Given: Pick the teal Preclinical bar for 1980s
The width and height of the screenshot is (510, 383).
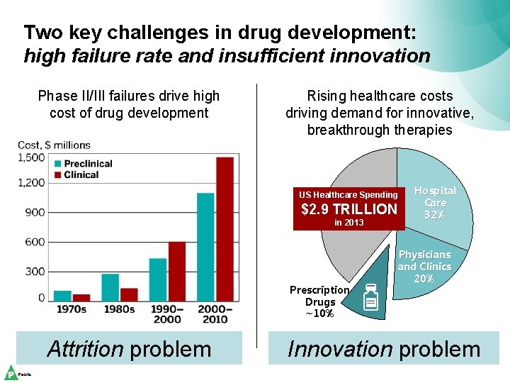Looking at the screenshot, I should point(110,287).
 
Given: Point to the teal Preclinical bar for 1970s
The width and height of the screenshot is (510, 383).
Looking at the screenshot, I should point(62,296).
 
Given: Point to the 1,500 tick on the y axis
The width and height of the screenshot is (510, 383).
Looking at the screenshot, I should point(33,157).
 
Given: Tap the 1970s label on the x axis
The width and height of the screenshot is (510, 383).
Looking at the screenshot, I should point(71,309).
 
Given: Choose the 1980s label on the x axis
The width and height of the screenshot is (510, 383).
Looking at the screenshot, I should point(119,309).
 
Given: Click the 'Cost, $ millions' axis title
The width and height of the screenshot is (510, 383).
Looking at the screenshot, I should point(55,145).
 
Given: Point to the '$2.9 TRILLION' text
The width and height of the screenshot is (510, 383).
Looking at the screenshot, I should point(349,209).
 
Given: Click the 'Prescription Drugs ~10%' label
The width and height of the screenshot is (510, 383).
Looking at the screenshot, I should point(319,301).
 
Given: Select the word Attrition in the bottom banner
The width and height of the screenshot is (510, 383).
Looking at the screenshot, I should point(85,349).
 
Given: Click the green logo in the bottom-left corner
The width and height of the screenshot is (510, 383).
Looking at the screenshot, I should point(11,373).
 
